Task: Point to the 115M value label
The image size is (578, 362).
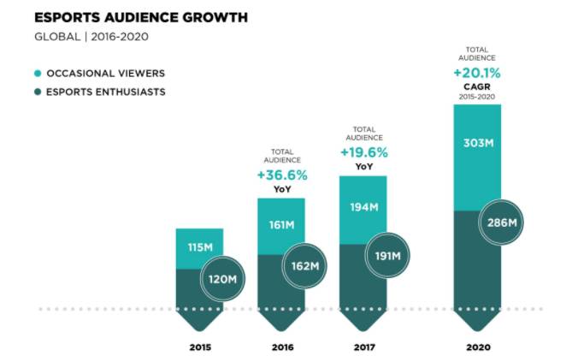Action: [199, 248]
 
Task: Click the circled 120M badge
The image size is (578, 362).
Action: [222, 279]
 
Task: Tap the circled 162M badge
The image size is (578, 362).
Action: [304, 264]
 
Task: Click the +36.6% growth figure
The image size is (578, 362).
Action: [282, 175]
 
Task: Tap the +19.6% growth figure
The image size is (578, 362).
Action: [363, 152]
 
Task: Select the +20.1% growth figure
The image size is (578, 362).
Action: [477, 73]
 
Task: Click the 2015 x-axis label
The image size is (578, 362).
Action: [200, 347]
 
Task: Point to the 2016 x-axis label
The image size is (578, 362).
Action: [282, 347]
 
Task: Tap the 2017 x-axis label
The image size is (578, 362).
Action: [363, 347]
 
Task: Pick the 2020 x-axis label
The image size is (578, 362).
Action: [477, 347]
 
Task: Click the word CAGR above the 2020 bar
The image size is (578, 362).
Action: [477, 87]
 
